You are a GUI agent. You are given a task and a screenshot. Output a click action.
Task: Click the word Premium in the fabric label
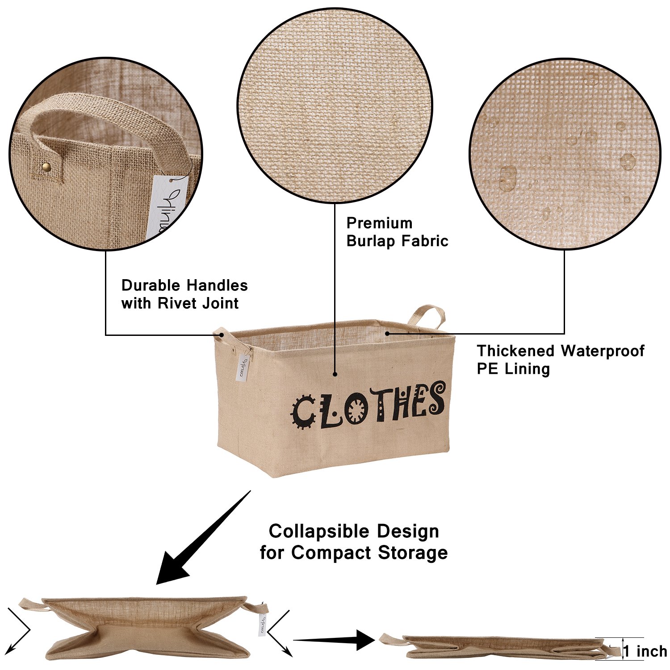(379, 223)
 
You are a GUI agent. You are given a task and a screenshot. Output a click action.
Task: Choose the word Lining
(527, 369)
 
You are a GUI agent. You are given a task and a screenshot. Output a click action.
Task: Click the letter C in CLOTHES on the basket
(303, 412)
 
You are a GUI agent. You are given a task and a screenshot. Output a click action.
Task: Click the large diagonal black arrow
(201, 540)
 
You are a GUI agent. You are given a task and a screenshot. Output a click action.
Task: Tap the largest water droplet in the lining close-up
(507, 178)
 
